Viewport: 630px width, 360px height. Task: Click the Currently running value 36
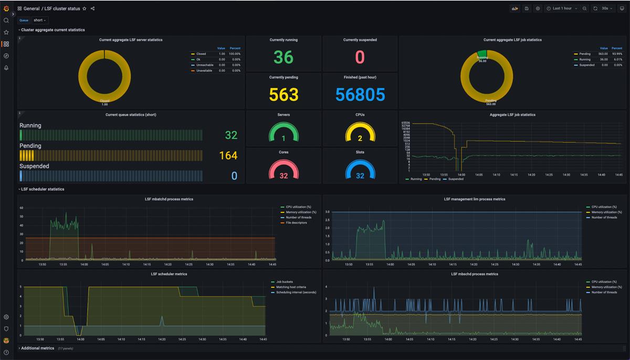(x=283, y=57)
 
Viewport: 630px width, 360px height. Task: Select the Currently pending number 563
(x=283, y=94)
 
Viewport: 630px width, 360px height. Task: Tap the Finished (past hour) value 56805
(x=360, y=94)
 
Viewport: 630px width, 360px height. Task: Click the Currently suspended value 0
(x=360, y=57)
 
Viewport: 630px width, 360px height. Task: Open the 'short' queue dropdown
(x=40, y=20)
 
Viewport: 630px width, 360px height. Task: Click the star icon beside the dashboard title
(x=85, y=9)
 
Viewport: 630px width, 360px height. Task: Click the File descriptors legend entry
(x=296, y=223)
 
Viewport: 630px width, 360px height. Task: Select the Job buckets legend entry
(x=284, y=282)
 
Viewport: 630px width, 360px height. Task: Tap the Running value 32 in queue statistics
(x=231, y=135)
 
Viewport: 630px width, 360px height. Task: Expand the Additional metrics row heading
(x=37, y=348)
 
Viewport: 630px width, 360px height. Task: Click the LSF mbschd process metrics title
(x=474, y=274)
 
